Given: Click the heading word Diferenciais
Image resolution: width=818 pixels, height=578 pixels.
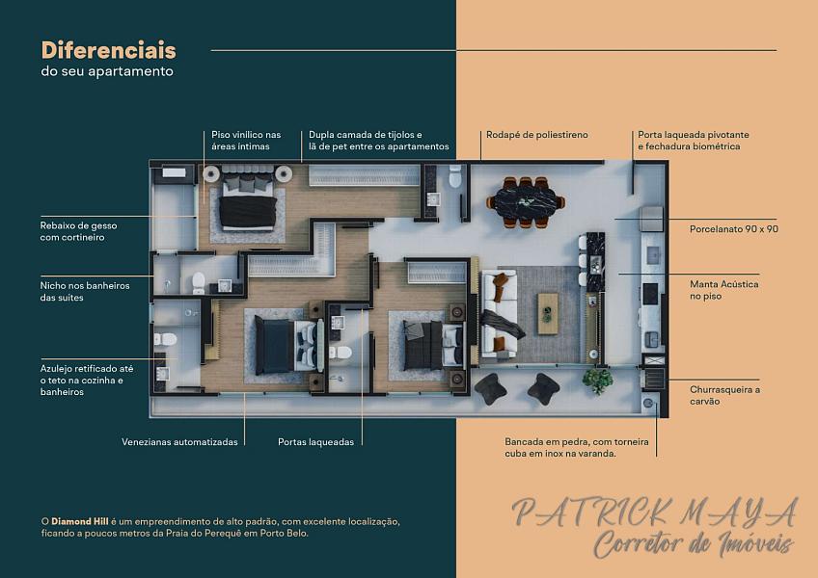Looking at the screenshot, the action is click(x=108, y=50).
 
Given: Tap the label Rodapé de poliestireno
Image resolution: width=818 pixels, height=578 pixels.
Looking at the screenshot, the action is click(x=536, y=135).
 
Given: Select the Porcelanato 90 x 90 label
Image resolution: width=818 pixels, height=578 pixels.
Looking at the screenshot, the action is click(x=733, y=229).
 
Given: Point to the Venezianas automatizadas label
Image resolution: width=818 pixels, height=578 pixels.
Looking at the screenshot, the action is click(x=179, y=442).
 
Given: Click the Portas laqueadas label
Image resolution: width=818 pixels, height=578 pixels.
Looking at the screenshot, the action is click(x=315, y=442).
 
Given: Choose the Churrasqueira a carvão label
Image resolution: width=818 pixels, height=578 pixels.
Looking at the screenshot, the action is click(x=724, y=396).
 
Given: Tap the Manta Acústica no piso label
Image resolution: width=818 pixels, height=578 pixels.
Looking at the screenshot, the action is click(x=724, y=290).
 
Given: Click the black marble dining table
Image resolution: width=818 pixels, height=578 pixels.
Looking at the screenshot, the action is click(x=526, y=202).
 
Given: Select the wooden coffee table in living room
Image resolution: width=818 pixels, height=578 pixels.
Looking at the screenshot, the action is click(x=548, y=313).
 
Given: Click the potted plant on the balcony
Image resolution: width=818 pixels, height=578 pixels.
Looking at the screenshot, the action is click(x=597, y=381).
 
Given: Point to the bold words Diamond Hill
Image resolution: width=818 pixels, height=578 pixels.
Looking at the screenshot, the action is click(x=80, y=521).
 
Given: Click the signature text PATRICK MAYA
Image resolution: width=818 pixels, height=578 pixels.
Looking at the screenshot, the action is click(x=655, y=512).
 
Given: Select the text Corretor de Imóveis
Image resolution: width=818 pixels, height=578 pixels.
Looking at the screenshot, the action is click(x=694, y=544).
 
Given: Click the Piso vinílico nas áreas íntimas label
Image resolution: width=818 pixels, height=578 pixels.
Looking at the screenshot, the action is click(x=246, y=141).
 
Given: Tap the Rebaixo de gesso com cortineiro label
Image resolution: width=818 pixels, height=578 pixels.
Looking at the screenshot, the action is click(x=78, y=231).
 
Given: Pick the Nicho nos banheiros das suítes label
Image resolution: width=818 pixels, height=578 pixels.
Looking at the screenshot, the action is click(x=85, y=291).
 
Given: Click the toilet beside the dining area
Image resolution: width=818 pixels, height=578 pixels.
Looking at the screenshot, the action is click(x=455, y=176).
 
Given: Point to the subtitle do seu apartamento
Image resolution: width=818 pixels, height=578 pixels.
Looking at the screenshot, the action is click(x=107, y=71).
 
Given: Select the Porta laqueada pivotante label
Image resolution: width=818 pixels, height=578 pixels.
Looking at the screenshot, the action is click(x=694, y=135).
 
